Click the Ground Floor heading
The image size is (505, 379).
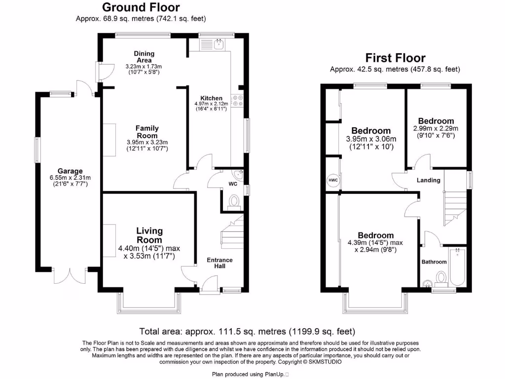point(141,7)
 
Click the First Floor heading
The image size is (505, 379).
point(395,58)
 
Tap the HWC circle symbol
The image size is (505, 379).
point(333,181)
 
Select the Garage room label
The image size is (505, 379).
point(69,171)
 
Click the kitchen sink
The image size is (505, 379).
point(218,44)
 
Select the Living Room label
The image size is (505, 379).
point(149,235)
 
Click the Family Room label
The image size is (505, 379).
point(147,132)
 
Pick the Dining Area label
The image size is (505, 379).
point(144,57)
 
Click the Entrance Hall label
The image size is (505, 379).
point(219,263)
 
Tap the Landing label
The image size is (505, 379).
point(428,180)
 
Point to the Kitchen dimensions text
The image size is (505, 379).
point(211,106)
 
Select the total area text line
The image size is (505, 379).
point(247,332)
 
